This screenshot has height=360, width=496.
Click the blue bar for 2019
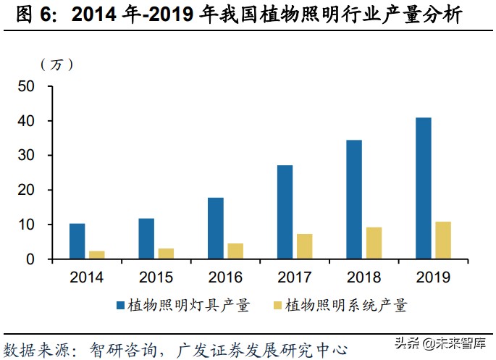424,188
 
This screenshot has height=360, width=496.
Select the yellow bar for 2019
442,240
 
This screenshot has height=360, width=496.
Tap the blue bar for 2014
77,241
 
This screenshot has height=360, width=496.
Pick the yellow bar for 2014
96,255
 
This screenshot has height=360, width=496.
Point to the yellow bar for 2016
235,251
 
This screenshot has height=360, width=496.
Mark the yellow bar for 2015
166,254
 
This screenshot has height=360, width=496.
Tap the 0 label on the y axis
30,259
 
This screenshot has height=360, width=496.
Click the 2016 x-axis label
225,277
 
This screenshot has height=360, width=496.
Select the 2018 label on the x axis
363,277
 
